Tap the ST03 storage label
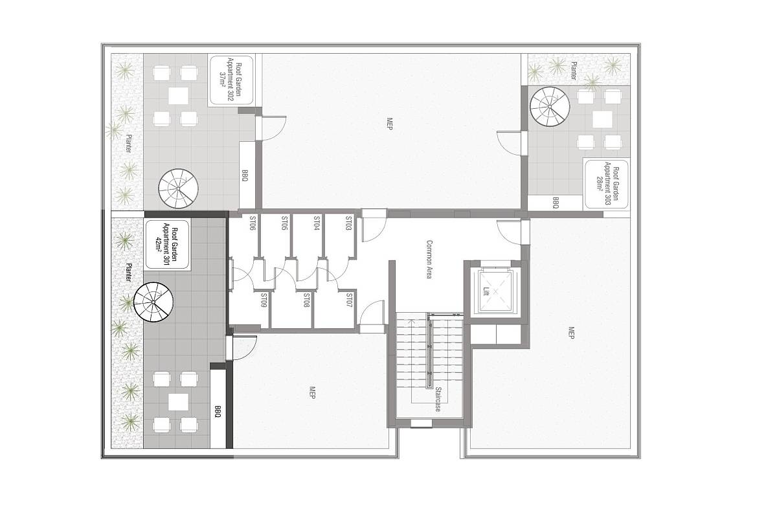pos(348,224)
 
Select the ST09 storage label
pos(264,301)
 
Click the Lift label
pos(486,291)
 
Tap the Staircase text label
pos(438,400)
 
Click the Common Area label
pos(429,259)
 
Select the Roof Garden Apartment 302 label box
pos(231,80)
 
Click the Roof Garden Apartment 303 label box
pos(606,184)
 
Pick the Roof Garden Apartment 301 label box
pos(167,245)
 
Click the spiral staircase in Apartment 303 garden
pos(550,107)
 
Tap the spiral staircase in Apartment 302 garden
pos(178,188)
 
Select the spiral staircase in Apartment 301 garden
pos(153,302)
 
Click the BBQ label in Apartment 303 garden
pos(556,203)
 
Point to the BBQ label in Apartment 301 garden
pos(218,411)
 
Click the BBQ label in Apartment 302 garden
pos(245,175)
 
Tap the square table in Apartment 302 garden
pos(178,96)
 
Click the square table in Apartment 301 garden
pos(178,401)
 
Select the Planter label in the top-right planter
pos(574,71)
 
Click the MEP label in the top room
pos(389,124)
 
